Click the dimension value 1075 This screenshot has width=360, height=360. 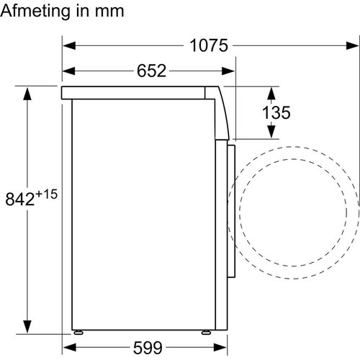(209, 45)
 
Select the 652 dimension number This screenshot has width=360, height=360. (151, 71)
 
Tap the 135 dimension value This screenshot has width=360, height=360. (276, 112)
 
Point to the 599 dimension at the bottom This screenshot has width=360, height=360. (148, 348)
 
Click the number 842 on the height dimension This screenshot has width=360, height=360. (20, 199)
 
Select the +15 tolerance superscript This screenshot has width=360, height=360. (47, 194)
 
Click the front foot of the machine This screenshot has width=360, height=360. (206, 332)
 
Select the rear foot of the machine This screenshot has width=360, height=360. (78, 332)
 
